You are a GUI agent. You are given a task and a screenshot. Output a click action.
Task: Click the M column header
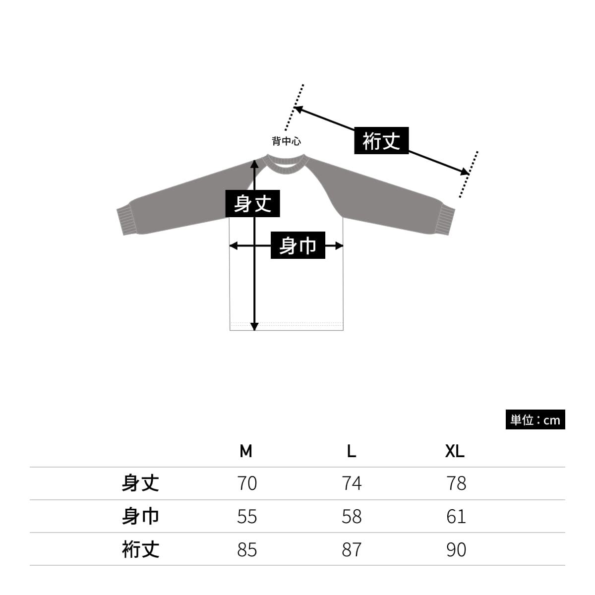(x=246, y=451)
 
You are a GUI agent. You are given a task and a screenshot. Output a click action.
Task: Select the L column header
(x=352, y=451)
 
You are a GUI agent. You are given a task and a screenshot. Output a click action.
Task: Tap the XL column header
(x=455, y=451)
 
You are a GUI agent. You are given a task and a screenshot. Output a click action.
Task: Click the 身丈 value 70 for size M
(x=247, y=483)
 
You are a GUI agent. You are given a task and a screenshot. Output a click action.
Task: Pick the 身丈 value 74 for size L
(x=352, y=483)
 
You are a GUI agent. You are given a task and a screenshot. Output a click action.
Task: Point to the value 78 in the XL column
(x=456, y=483)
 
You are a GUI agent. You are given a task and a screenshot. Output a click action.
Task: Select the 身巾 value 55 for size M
(x=247, y=516)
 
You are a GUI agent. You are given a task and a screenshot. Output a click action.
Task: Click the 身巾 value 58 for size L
(x=352, y=516)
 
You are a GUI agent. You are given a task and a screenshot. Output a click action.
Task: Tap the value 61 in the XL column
(x=456, y=516)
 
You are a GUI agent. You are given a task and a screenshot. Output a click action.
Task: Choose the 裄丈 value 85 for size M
(x=247, y=549)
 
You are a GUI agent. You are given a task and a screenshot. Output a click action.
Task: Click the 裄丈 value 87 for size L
(x=352, y=549)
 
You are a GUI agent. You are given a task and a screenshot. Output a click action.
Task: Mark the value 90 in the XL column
(x=456, y=549)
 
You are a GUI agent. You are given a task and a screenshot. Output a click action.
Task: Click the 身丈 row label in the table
(x=140, y=483)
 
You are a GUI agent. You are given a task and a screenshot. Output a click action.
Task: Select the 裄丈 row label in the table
(x=140, y=549)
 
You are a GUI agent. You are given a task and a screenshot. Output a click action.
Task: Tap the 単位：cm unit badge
(x=535, y=419)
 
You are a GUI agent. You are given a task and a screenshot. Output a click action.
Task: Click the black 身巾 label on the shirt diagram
(x=298, y=245)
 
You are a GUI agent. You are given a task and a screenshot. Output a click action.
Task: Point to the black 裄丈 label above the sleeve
(x=381, y=140)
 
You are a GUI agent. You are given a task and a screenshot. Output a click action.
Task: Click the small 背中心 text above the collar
(x=286, y=141)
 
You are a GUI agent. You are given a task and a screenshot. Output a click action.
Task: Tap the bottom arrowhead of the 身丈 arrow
(x=254, y=327)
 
